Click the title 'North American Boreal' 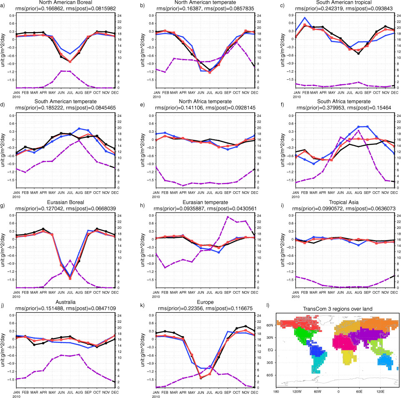coord(65,3)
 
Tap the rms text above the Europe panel coord(206,309)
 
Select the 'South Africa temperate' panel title coord(344,101)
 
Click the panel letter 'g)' coord(3,205)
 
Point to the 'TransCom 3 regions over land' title coord(338,309)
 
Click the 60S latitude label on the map coord(270,375)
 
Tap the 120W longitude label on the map coord(297,392)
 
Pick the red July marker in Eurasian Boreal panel coord(70,278)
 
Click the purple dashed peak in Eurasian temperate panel coord(228,217)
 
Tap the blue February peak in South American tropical coord(305,18)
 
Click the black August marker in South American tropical coord(358,53)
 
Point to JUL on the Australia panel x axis coord(70,392)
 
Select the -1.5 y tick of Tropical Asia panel coord(290,279)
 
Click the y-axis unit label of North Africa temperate coord(143,150)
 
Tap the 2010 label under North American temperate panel coord(157,97)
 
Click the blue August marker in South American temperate coord(79,128)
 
